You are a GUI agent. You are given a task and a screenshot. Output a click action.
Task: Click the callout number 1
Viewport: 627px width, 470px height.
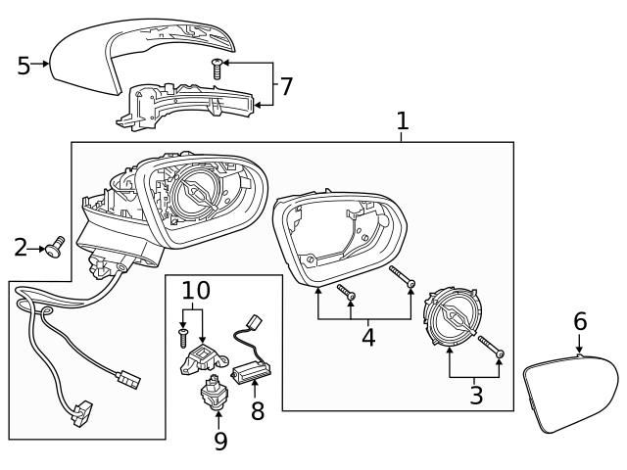(x=402, y=121)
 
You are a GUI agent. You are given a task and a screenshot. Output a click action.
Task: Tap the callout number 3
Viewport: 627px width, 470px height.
(x=476, y=396)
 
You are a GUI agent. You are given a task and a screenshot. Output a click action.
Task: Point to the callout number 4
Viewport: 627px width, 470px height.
(x=368, y=338)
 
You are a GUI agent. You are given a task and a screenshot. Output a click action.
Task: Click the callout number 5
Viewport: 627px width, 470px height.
(x=24, y=66)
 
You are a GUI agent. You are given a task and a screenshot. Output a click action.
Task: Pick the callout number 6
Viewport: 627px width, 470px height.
(x=580, y=320)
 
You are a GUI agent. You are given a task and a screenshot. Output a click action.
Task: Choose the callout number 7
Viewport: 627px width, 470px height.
(x=285, y=86)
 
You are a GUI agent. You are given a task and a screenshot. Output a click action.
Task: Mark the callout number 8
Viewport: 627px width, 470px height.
(x=257, y=411)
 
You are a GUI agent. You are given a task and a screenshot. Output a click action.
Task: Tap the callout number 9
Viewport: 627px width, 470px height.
(x=220, y=441)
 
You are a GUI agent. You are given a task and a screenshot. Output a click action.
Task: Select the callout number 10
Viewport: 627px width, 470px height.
(x=196, y=291)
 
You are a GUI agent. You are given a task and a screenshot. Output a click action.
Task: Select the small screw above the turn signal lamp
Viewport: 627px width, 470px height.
(x=217, y=67)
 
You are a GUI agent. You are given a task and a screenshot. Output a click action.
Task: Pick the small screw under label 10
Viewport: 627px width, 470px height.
(x=183, y=338)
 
